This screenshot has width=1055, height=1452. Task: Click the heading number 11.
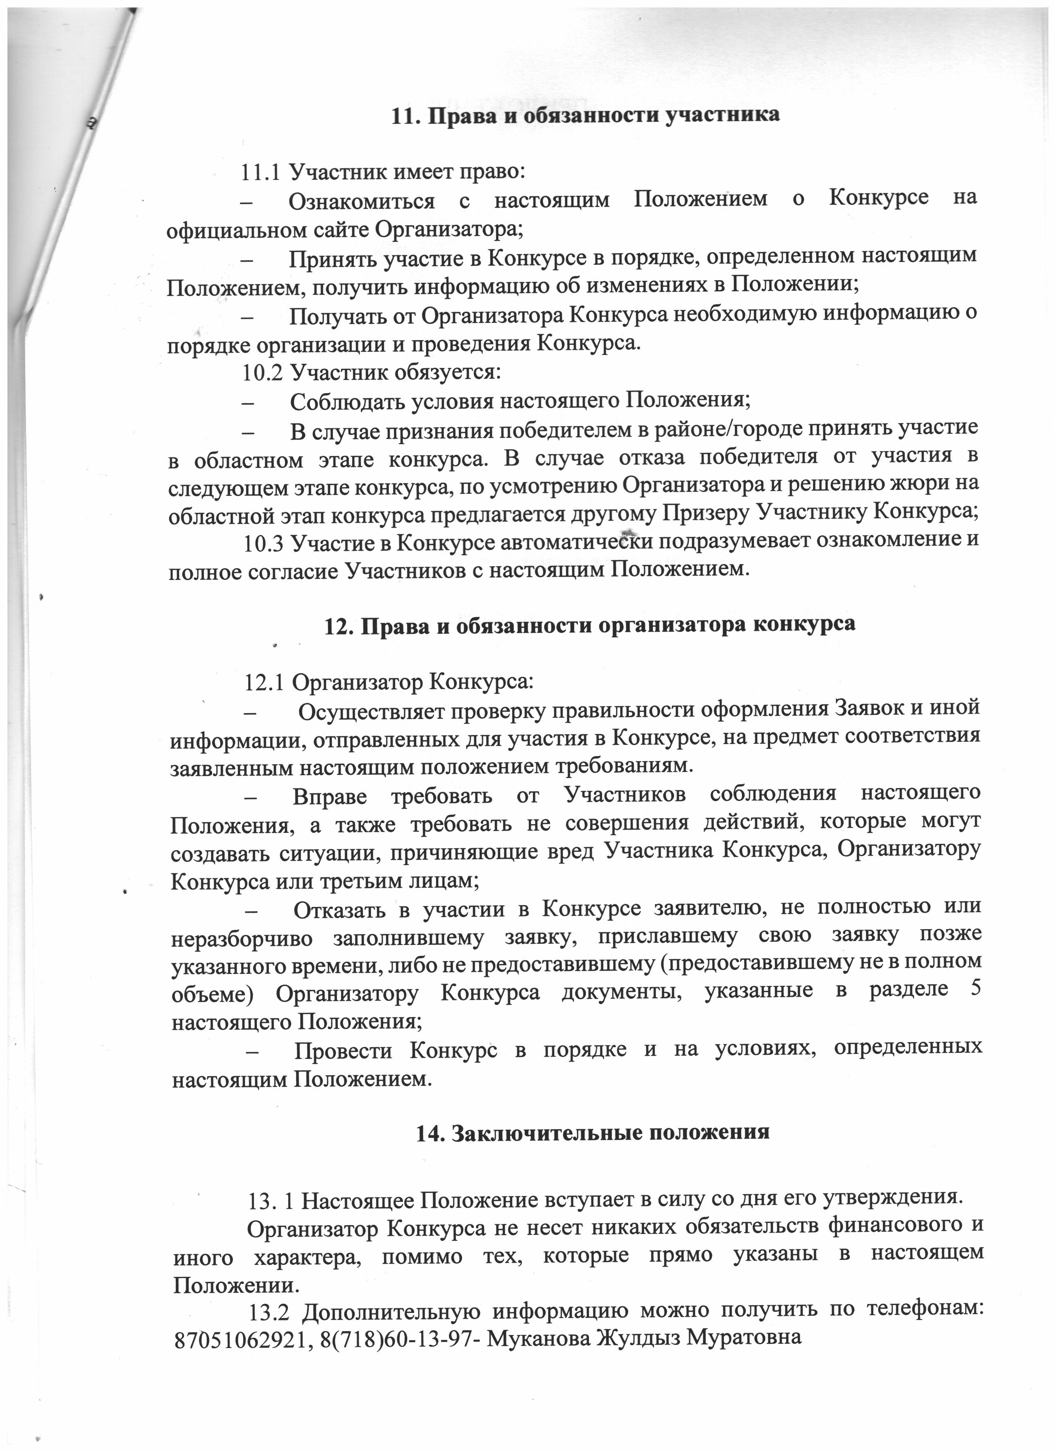click(405, 115)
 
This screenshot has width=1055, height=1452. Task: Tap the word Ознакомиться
click(362, 200)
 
